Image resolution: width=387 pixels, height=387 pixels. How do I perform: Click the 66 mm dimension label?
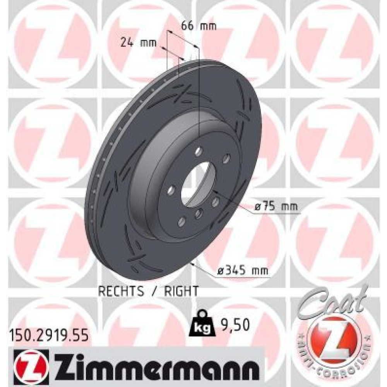coord(199,26)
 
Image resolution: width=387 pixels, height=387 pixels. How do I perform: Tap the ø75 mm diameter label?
coord(276,206)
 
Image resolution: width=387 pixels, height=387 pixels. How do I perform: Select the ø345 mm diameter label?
coord(242,271)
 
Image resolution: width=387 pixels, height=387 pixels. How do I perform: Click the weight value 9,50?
coord(235,325)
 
